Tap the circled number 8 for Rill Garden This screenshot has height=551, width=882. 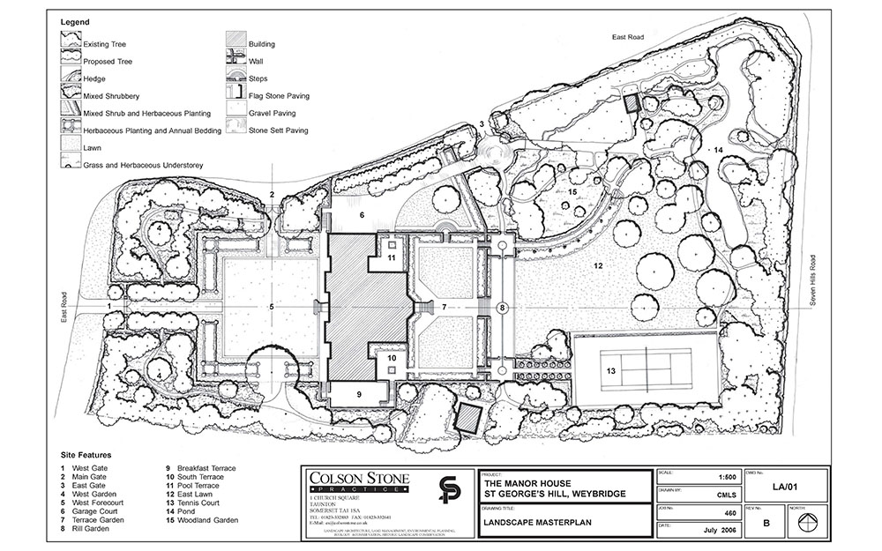(502, 308)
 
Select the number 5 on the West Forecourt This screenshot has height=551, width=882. (272, 307)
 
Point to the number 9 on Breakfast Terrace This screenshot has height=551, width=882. (359, 394)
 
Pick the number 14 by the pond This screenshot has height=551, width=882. (719, 151)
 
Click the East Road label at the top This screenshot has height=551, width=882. (632, 36)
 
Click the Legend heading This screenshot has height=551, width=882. (73, 19)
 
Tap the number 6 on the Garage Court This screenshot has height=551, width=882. (361, 214)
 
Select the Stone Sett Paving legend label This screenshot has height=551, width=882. (279, 130)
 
